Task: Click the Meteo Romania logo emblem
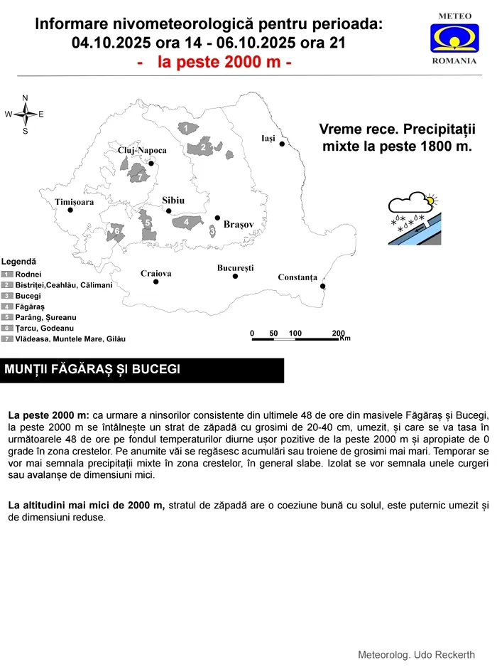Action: pyautogui.click(x=454, y=38)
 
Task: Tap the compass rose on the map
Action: pyautogui.click(x=25, y=114)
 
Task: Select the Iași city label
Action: pyautogui.click(x=268, y=138)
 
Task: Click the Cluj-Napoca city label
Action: pyautogui.click(x=142, y=151)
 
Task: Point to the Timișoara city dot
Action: pyautogui.click(x=70, y=210)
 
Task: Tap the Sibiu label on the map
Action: pyautogui.click(x=173, y=201)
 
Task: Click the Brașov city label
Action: pyautogui.click(x=239, y=224)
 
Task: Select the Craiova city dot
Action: pyautogui.click(x=155, y=282)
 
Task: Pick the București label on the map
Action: pyautogui.click(x=235, y=268)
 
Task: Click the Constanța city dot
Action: pyautogui.click(x=323, y=286)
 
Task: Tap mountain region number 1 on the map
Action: pyautogui.click(x=185, y=128)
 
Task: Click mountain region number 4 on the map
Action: pyautogui.click(x=186, y=223)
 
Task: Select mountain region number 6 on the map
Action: pyautogui.click(x=116, y=231)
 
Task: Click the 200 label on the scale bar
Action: pyautogui.click(x=338, y=334)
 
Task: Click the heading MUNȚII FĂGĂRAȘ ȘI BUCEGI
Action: pyautogui.click(x=92, y=370)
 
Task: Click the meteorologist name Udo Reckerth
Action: pyautogui.click(x=416, y=654)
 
